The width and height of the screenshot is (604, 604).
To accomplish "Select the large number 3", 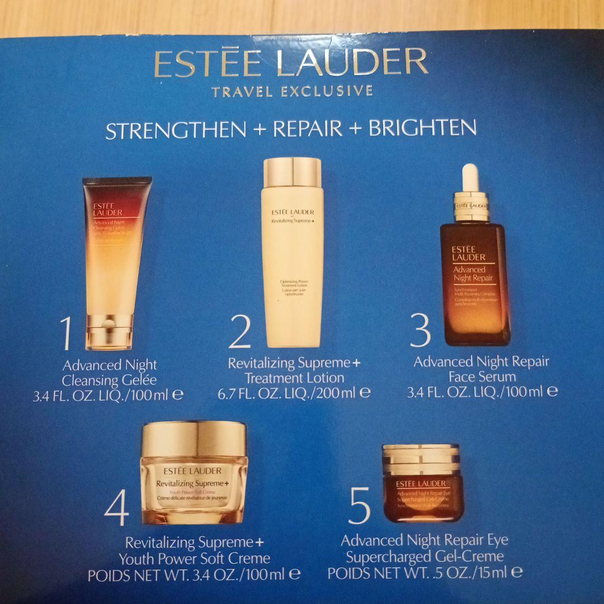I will (x=420, y=331).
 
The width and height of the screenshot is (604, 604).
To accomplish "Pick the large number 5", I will (x=359, y=507).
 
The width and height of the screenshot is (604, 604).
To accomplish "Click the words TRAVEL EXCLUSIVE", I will (x=292, y=91).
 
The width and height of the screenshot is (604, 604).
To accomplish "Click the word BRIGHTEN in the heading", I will (x=422, y=128).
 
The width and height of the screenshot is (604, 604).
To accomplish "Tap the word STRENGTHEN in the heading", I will (x=176, y=130).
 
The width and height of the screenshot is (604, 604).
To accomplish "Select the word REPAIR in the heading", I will (x=308, y=129).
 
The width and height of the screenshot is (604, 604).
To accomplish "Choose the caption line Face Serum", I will (x=482, y=376).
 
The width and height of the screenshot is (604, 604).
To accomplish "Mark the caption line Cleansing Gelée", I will (x=109, y=381).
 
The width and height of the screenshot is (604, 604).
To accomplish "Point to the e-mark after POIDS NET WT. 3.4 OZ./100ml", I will (x=295, y=573).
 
